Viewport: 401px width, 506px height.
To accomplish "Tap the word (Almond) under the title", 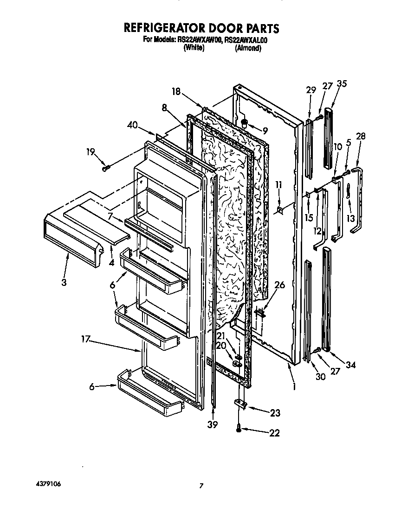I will click(248, 48).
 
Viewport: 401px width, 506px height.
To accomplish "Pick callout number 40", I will click(132, 124).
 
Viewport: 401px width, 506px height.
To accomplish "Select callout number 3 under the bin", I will click(64, 282).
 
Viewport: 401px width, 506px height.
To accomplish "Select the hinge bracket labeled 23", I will click(240, 405).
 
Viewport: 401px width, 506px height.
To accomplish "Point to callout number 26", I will click(279, 285).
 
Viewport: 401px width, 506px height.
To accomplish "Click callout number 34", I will click(350, 365).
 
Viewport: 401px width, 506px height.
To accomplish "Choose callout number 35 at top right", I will click(342, 84).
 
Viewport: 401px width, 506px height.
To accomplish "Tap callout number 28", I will click(361, 136).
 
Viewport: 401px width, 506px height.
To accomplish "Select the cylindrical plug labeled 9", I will click(244, 123).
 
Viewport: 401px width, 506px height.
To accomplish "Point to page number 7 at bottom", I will click(201, 486).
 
